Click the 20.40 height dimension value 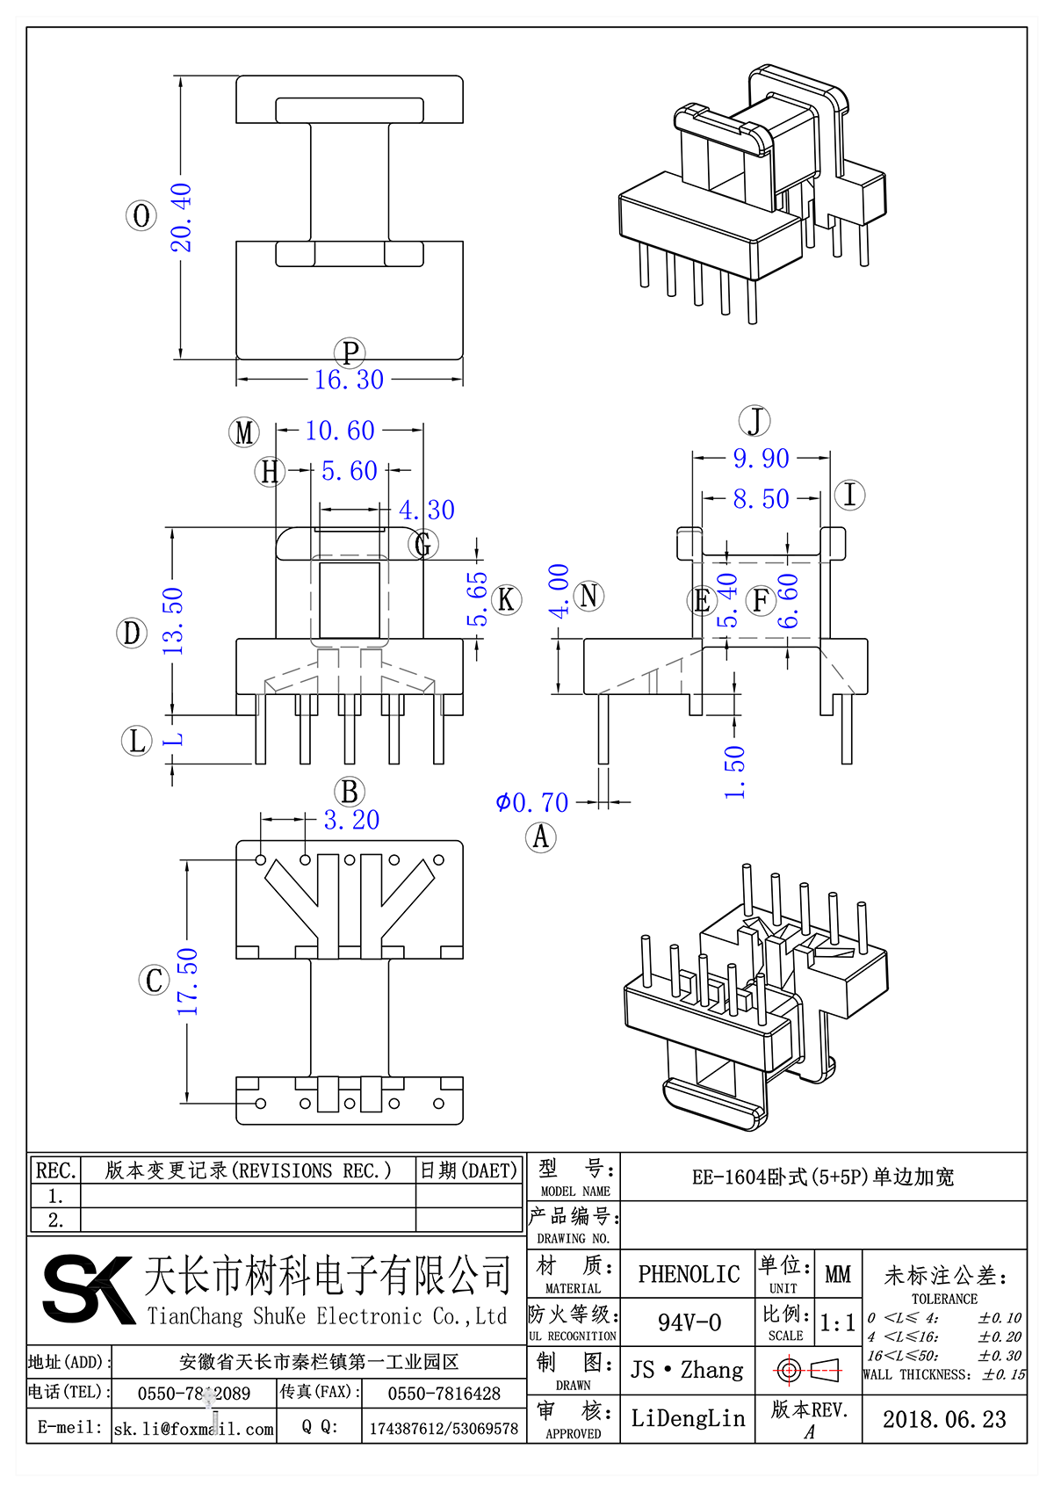point(180,217)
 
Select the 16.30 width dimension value point(349,380)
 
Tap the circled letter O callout point(141,215)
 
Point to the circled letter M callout point(244,432)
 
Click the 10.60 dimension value point(340,431)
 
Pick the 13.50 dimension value point(173,620)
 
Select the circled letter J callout point(755,421)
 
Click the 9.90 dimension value point(762,458)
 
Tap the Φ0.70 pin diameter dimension point(532,802)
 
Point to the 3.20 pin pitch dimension point(351,820)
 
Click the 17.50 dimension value point(187,981)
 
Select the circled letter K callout point(506,599)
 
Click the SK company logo point(87,1289)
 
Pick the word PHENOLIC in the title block point(689,1274)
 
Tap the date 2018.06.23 point(944,1419)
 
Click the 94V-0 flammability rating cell point(689,1322)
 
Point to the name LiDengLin point(688,1418)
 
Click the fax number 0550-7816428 point(444,1394)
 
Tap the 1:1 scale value point(837,1322)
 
